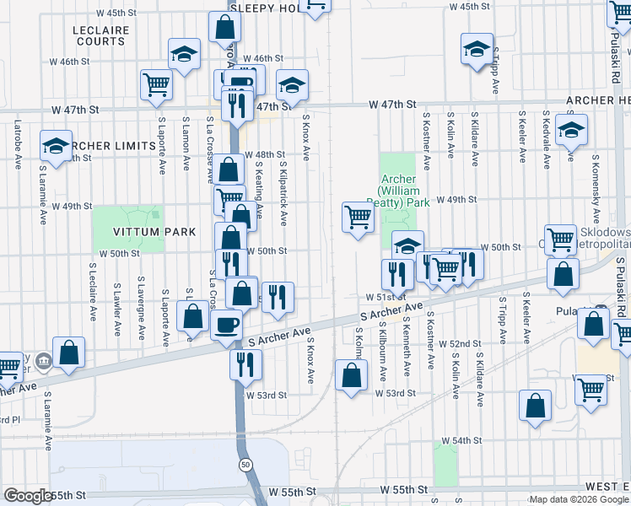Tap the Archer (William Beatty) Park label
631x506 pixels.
tap(399, 191)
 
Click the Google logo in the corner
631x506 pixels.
tap(28, 496)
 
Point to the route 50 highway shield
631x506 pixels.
tap(244, 465)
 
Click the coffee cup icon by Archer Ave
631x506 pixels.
tap(225, 324)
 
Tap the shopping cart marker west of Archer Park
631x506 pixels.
tap(358, 218)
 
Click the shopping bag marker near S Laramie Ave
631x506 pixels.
tap(68, 352)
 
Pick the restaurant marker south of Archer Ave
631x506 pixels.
tap(245, 363)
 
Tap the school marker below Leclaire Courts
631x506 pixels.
tap(183, 55)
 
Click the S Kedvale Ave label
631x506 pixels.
tap(547, 137)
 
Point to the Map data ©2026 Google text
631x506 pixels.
tap(579, 499)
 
